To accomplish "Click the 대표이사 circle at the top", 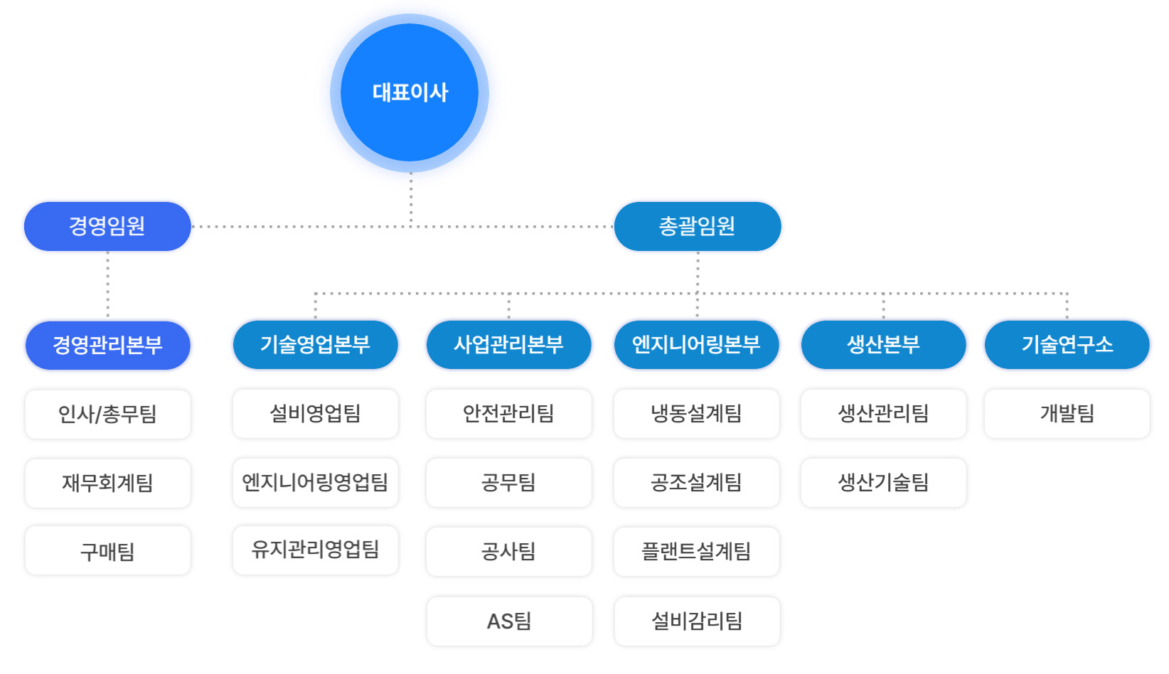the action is click(x=410, y=93).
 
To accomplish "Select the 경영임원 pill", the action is click(x=107, y=226).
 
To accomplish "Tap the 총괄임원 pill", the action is click(x=698, y=226).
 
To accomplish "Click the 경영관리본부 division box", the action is click(x=107, y=346).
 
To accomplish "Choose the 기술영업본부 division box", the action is click(x=315, y=345).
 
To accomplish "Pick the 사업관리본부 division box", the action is click(x=509, y=345).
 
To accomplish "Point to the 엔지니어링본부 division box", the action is click(x=697, y=345).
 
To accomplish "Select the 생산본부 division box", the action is click(x=884, y=345).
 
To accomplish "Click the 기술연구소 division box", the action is click(x=1067, y=345).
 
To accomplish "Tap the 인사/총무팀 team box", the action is click(x=107, y=414).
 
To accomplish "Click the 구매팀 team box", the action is click(x=107, y=551).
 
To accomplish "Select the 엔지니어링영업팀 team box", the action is click(x=315, y=483).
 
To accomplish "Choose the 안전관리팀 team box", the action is click(x=509, y=414).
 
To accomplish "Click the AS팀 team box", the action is click(x=509, y=621).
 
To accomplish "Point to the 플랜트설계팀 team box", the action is click(x=697, y=552).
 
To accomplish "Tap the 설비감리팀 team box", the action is click(x=698, y=621).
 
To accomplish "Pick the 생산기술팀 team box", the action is click(x=884, y=483).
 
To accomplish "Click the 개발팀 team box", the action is click(x=1067, y=414).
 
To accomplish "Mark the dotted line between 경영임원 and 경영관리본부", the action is click(x=107, y=284).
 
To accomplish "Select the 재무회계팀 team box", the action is click(x=107, y=483).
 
